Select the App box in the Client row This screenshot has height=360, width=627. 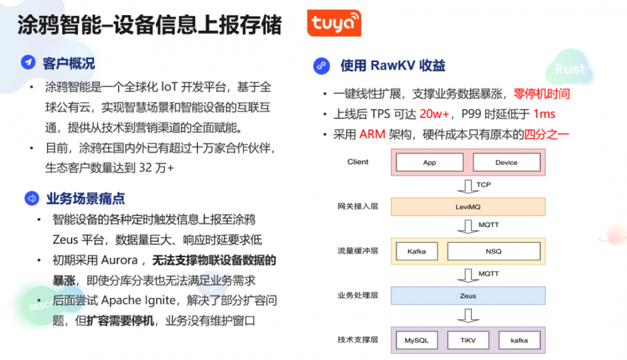[x=429, y=162]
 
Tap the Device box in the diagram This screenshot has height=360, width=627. [x=506, y=162]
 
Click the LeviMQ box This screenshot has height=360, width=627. [x=467, y=206]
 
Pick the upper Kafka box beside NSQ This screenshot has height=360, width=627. [x=416, y=251]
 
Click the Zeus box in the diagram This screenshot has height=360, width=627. [x=467, y=295]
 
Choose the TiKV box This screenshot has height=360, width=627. [x=467, y=341]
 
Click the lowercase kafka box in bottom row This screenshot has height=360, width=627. [x=519, y=341]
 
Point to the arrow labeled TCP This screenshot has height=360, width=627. [x=467, y=186]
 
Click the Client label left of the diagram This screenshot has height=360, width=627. [x=358, y=162]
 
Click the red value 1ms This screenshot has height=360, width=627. [x=544, y=115]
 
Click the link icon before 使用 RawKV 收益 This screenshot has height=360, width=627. [x=321, y=65]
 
